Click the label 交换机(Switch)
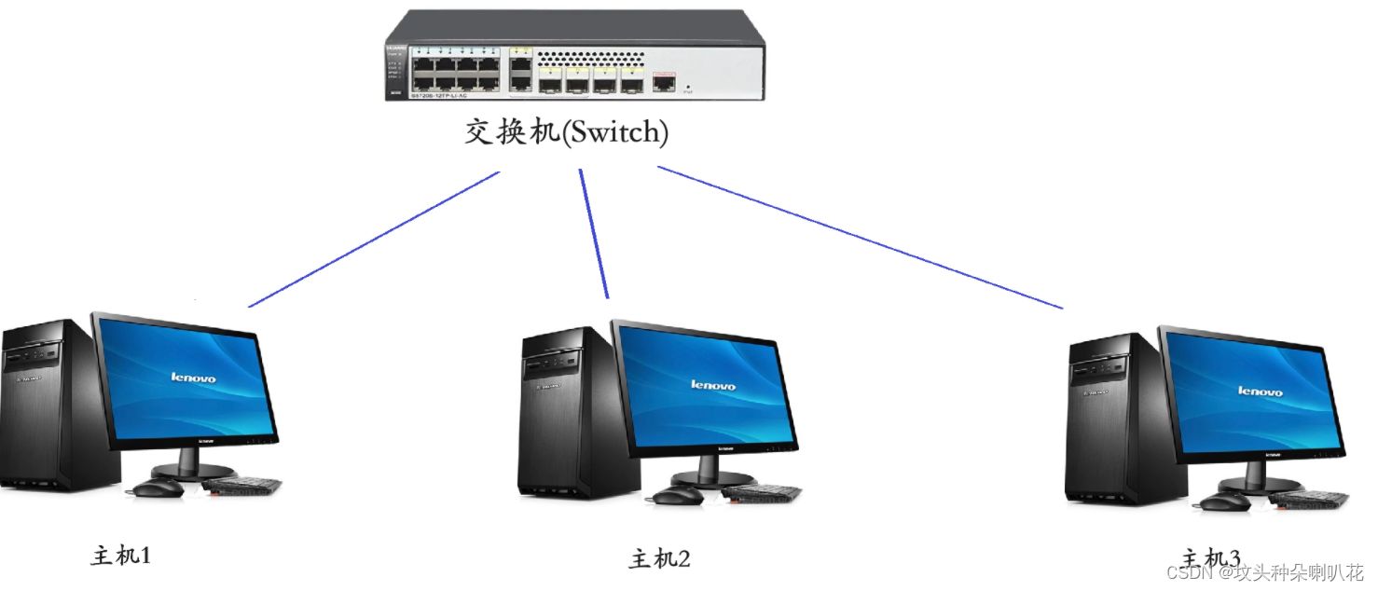pos(567,132)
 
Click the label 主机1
pos(121,557)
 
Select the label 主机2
pos(660,559)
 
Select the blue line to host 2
pos(594,233)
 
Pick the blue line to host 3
pos(858,237)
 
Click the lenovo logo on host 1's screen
pos(193,378)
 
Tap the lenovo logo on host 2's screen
pos(713,385)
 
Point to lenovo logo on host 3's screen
pos(1261,391)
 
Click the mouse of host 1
pos(158,488)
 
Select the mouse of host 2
pos(677,496)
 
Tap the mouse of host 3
pos(1224,502)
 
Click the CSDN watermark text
pos(1264,571)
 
